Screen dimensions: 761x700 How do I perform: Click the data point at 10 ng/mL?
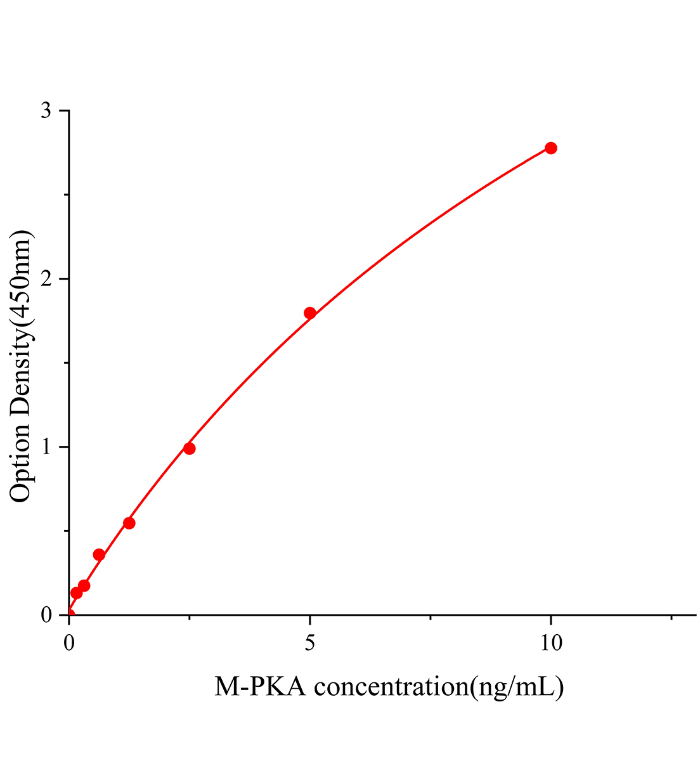pos(551,148)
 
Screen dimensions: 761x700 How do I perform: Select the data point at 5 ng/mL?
pos(310,313)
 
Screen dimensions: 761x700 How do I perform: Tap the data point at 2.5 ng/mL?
pos(189,448)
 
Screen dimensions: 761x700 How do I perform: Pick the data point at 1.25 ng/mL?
pos(129,523)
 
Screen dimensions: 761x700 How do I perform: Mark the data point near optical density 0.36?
pos(99,555)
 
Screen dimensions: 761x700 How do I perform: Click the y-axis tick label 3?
pos(46,111)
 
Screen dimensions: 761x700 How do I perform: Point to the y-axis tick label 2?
pos(46,279)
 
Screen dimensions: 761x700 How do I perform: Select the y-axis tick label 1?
pos(46,447)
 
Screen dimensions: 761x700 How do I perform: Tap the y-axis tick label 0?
pos(46,615)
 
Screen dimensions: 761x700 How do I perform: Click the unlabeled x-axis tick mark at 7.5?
pos(431,617)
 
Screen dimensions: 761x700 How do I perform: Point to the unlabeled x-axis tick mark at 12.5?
pos(671,617)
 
